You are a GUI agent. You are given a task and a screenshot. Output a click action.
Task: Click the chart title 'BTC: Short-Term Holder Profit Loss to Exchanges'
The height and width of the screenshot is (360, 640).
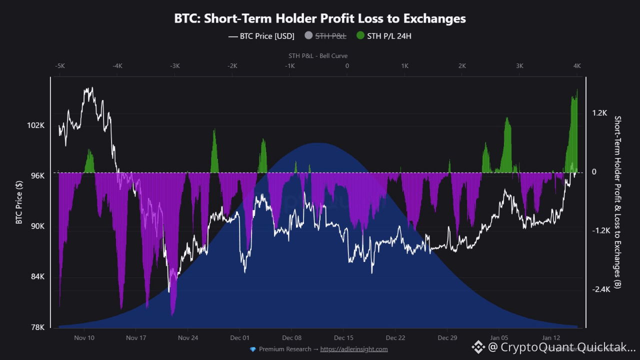click(320, 18)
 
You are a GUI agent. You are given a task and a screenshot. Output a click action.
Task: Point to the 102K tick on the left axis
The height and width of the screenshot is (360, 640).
click(36, 125)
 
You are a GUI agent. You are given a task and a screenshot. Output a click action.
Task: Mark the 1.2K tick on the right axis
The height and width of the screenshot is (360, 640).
click(599, 113)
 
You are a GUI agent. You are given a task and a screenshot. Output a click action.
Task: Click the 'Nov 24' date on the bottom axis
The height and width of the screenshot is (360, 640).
click(188, 337)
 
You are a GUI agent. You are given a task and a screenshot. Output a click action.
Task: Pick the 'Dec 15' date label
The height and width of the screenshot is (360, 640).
click(343, 337)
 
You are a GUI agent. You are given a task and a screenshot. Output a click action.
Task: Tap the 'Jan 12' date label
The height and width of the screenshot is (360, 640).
click(550, 337)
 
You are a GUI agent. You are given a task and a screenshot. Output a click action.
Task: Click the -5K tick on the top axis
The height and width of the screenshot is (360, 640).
click(59, 66)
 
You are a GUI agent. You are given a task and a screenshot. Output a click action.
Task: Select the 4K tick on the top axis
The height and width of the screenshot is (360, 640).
click(577, 66)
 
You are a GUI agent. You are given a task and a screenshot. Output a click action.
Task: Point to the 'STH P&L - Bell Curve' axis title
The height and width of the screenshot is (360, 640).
click(318, 56)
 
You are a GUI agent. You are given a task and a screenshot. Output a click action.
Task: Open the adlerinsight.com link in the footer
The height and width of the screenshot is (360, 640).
click(354, 349)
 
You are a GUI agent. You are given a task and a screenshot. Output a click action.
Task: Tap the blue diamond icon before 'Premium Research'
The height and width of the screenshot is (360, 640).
click(252, 349)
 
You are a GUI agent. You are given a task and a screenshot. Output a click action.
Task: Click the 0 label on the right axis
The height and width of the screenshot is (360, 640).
click(594, 172)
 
